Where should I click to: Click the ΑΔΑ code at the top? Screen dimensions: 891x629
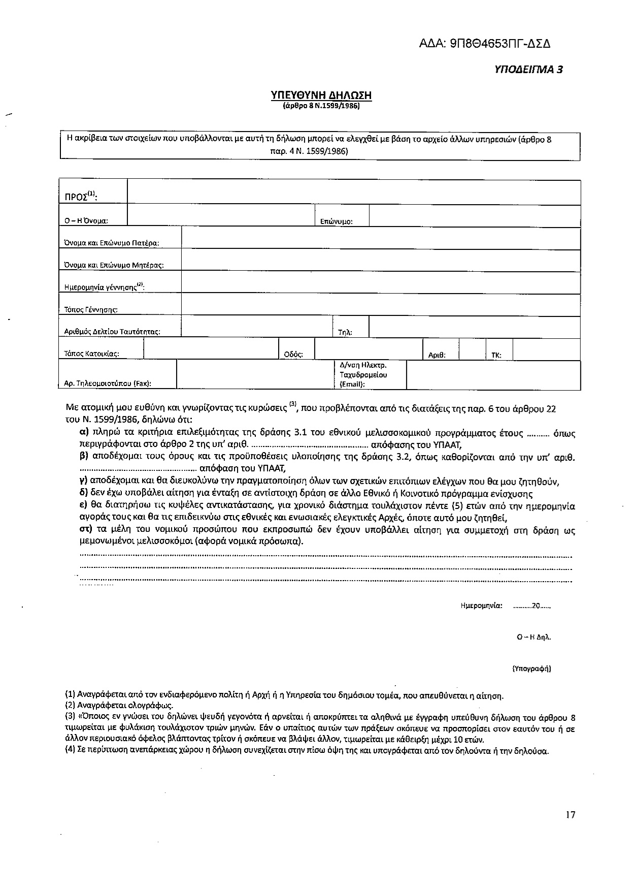coord(484,43)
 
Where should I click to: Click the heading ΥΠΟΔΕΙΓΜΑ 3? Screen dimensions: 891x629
coord(528,70)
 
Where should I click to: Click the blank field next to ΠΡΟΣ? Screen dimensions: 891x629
coord(353,192)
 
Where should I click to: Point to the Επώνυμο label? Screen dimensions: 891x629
coord(336,221)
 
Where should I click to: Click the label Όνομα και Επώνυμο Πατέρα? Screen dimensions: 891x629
coord(112,243)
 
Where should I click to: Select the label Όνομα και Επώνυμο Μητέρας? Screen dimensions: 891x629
coord(114,265)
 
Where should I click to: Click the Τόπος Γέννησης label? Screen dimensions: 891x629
coord(91,309)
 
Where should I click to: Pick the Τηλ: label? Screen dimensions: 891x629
coord(345,333)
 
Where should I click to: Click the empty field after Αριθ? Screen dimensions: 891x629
coord(472,349)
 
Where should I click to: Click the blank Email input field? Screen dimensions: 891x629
coord(493,375)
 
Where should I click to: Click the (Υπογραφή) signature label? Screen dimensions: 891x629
coord(532,669)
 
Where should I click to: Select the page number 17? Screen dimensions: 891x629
coord(570,815)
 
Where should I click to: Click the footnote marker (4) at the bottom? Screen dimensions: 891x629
coord(71,751)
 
